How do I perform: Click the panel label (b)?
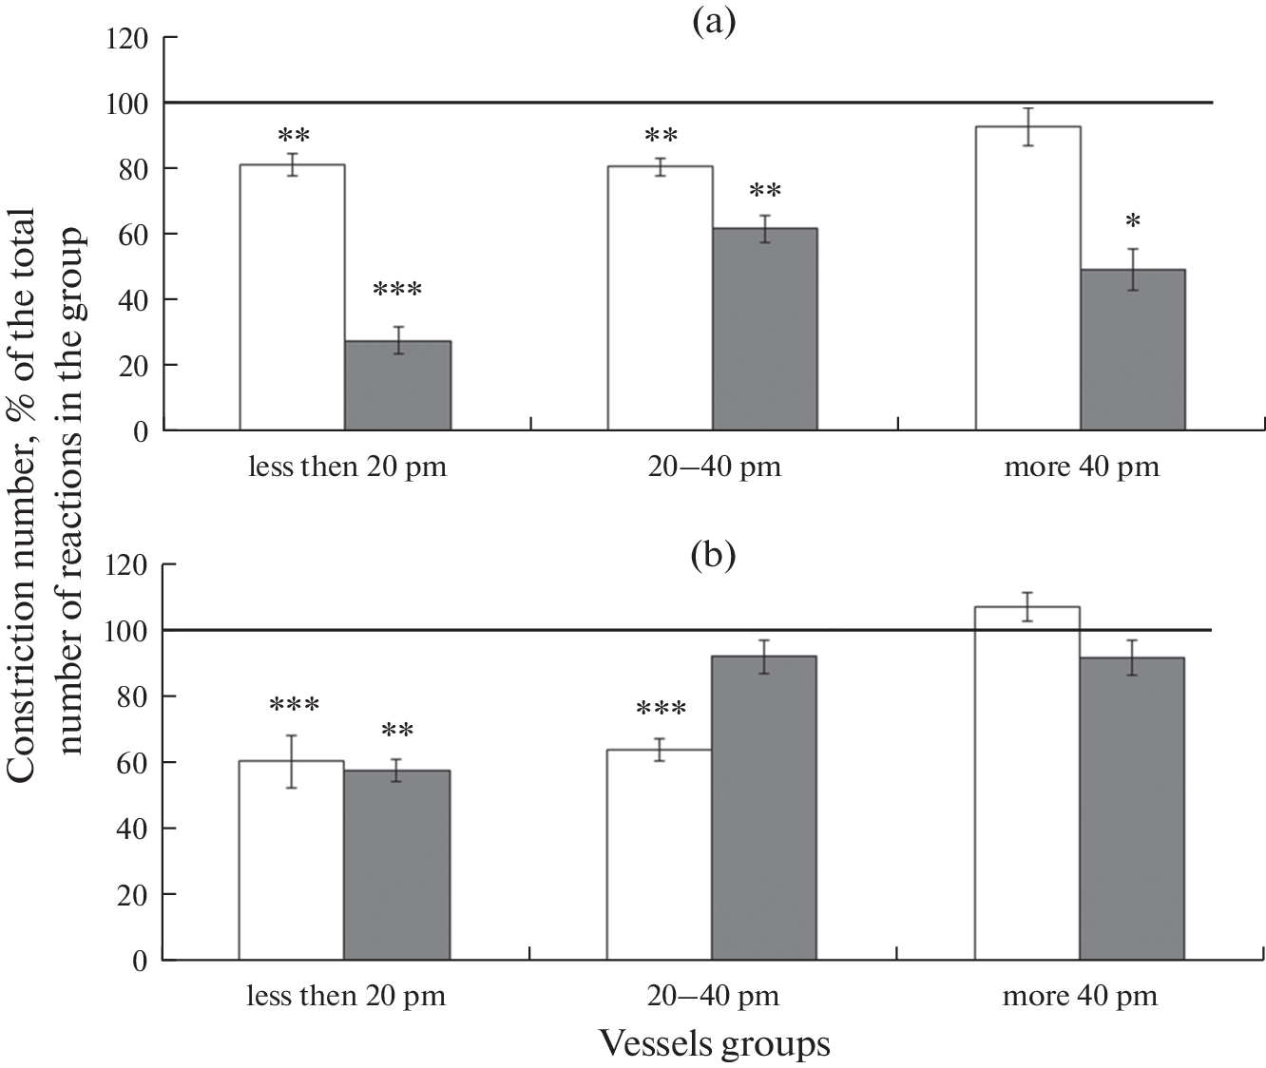point(714,553)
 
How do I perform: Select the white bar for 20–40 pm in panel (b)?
point(660,854)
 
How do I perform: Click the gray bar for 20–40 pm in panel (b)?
point(764,808)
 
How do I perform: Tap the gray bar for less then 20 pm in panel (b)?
point(396,865)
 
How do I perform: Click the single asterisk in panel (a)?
point(1132,222)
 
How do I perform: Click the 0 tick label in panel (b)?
point(141,961)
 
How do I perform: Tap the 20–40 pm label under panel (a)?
point(714,467)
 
